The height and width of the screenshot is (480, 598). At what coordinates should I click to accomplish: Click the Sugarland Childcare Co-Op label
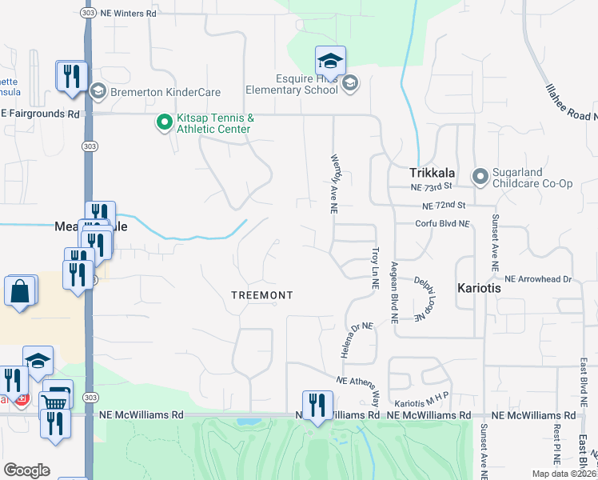pos(533,177)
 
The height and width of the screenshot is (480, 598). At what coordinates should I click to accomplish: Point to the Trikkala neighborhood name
pos(432,172)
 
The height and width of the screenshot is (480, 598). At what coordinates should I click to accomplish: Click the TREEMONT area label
pos(261,295)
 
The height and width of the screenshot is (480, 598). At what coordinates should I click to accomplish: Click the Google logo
pos(26,470)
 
